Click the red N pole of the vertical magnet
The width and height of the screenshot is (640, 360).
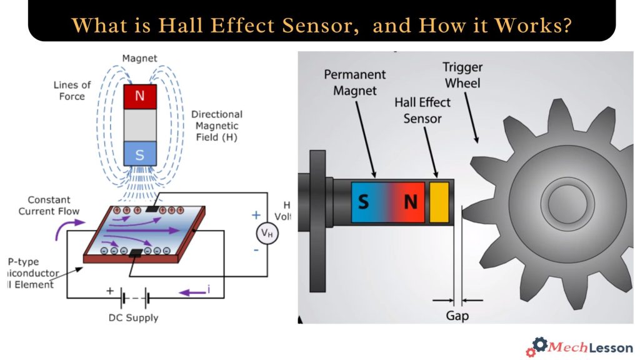(x=140, y=97)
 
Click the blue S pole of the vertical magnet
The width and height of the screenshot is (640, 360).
(x=140, y=153)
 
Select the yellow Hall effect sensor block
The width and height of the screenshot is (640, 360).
(x=439, y=202)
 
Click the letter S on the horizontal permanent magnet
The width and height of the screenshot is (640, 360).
(x=363, y=202)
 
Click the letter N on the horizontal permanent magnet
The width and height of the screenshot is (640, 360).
(x=410, y=202)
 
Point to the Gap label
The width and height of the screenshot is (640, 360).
(x=457, y=316)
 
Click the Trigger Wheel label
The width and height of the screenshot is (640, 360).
(x=462, y=75)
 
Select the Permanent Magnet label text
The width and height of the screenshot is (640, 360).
(x=354, y=82)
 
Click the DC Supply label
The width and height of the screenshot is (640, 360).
(x=133, y=317)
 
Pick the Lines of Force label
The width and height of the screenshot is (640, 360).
(x=72, y=90)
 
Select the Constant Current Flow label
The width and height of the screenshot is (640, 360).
(x=49, y=205)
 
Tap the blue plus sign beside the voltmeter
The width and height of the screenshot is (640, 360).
(x=256, y=215)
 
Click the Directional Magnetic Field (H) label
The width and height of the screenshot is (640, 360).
(x=216, y=126)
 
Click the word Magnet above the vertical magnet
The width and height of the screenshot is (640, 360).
(x=139, y=58)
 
